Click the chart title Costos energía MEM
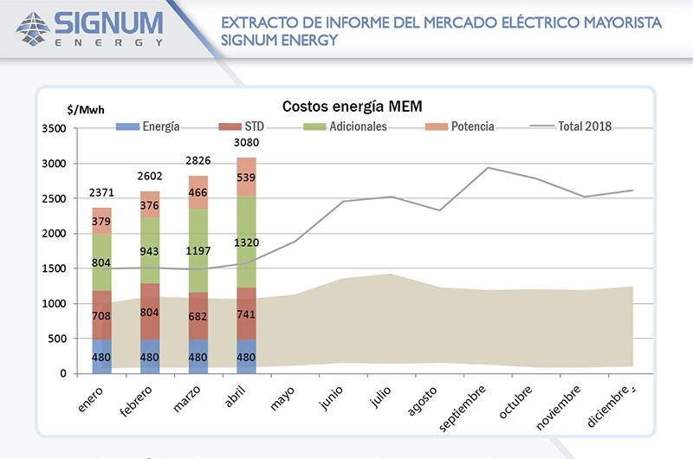point(352,107)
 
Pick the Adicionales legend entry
point(345,126)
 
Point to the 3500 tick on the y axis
point(53,129)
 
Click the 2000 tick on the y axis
point(53,234)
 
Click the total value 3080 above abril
point(247,143)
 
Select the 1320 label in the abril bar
point(247,242)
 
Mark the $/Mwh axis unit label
point(84,110)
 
